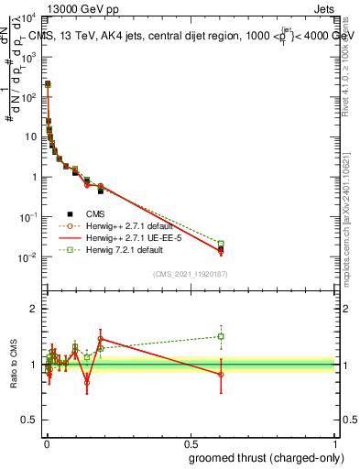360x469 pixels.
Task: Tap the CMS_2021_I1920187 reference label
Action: pyautogui.click(x=191, y=274)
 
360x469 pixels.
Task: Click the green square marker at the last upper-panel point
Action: pyautogui.click(x=221, y=244)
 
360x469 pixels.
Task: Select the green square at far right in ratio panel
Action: pyautogui.click(x=221, y=336)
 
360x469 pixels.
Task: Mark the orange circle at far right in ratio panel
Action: pyautogui.click(x=221, y=375)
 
